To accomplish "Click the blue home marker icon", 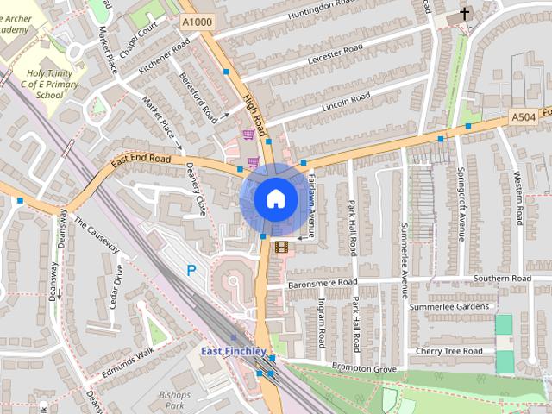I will coord(275,198).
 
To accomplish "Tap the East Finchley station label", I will coord(235,351).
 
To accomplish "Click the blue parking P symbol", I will coord(191,270).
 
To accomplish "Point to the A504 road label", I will coord(523,116).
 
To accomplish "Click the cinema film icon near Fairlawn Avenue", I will coord(281,247).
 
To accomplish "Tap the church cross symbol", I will coord(465,14).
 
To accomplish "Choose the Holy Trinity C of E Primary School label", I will coord(54,85).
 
